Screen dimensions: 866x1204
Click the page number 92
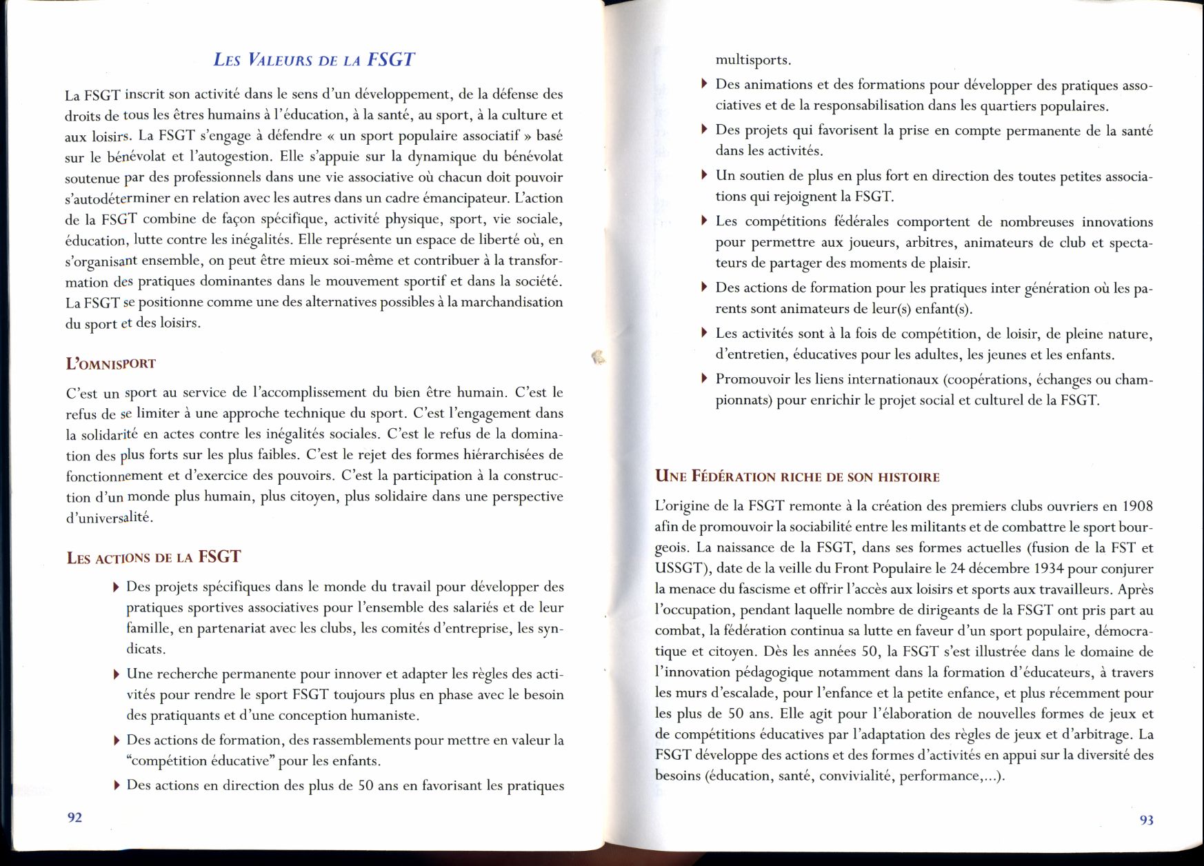tap(74, 817)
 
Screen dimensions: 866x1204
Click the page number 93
tap(1146, 820)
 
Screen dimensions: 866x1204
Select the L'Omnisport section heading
tap(110, 363)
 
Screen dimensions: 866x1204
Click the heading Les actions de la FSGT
tap(153, 557)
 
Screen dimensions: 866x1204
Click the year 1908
tap(1136, 506)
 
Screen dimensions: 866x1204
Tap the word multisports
tap(753, 60)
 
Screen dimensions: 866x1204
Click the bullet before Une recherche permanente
tap(116, 674)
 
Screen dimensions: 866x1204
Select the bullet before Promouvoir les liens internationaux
tap(704, 379)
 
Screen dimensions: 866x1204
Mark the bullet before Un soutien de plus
tap(704, 175)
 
